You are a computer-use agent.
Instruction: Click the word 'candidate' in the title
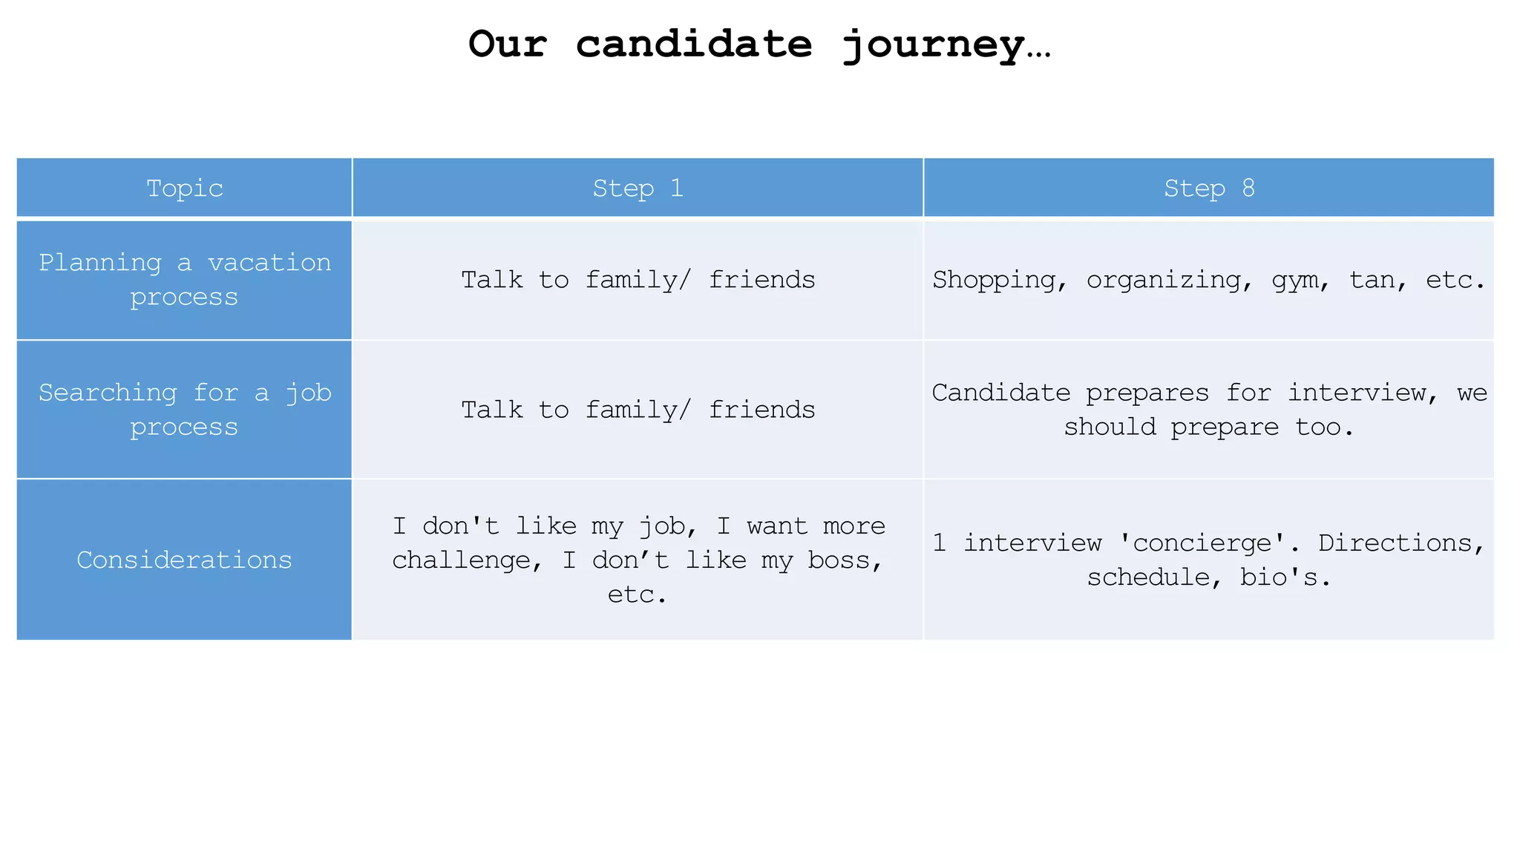click(x=694, y=44)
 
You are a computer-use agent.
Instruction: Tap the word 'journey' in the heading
click(x=934, y=45)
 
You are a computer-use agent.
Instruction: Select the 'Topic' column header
click(x=184, y=189)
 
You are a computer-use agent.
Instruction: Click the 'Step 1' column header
click(x=638, y=189)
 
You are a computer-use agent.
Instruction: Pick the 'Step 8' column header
click(x=1208, y=189)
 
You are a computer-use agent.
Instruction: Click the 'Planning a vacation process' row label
click(x=184, y=280)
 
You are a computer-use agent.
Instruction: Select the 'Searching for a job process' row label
click(x=184, y=410)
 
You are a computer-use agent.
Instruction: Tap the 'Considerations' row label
click(x=184, y=560)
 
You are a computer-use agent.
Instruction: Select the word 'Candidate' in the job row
click(x=1000, y=393)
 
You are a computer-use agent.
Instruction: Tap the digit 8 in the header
click(x=1248, y=189)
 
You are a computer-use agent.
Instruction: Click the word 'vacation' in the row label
click(x=269, y=263)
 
